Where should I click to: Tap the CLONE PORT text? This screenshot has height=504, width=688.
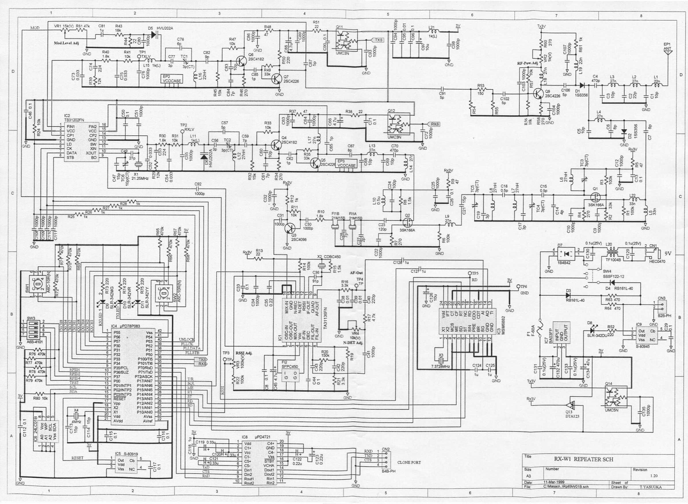tap(409, 463)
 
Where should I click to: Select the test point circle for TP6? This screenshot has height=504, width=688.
tap(518, 286)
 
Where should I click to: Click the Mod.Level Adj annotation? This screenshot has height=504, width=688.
tap(66, 43)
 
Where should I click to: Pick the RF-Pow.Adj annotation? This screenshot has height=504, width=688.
tap(527, 63)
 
